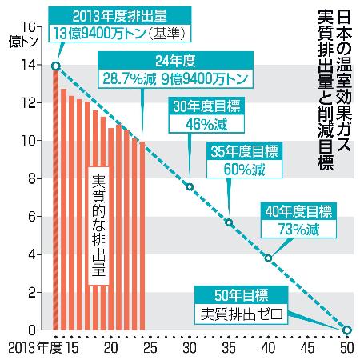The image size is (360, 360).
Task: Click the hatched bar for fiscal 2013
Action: click(x=55, y=200)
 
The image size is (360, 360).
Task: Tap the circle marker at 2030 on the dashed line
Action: click(x=190, y=187)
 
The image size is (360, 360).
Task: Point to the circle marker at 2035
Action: click(x=229, y=222)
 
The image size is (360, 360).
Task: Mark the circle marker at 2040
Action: click(x=268, y=258)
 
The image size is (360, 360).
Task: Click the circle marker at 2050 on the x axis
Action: click(x=346, y=330)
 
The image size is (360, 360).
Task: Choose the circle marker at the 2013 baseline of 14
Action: click(x=54, y=66)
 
